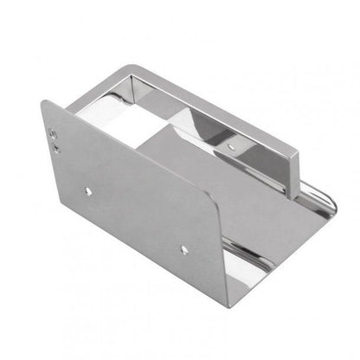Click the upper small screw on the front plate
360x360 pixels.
(55, 133)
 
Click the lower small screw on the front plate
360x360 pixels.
(57, 147)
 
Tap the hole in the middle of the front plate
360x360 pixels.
(88, 189)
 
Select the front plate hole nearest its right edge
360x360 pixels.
(183, 248)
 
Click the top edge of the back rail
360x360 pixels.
(216, 102)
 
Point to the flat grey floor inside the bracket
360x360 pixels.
(260, 208)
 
